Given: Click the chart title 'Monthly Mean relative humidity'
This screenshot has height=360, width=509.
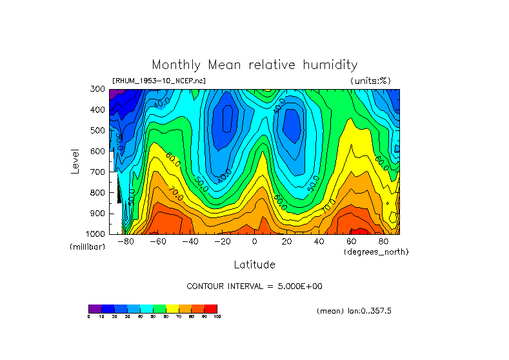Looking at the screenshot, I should [254, 65].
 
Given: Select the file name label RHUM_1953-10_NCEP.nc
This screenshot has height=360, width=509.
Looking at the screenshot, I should [159, 81].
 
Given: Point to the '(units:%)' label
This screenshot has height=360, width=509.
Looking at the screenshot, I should [370, 81].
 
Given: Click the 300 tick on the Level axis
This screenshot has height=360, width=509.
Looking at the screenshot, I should [99, 89].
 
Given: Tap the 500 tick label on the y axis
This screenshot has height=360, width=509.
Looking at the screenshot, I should [99, 130].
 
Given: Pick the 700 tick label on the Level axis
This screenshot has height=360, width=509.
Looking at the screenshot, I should [99, 172].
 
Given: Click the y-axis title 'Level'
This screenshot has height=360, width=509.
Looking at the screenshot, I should [75, 161].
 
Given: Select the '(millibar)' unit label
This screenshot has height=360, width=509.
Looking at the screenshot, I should [87, 247].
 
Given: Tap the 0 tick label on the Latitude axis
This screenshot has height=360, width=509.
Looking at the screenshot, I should [254, 241].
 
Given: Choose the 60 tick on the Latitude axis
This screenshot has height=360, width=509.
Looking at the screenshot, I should [351, 241].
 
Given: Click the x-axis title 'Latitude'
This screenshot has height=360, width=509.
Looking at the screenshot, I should [254, 265].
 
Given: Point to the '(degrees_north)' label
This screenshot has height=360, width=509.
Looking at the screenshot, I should [376, 252].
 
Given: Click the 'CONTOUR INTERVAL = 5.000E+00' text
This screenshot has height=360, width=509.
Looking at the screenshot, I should [254, 286].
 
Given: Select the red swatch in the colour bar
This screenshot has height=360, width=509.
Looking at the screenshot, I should [211, 308].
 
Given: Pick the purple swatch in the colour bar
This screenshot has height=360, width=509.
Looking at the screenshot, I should [95, 308].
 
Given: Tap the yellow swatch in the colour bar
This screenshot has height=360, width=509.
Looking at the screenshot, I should [172, 308].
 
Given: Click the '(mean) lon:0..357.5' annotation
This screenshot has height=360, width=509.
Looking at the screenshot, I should [354, 311].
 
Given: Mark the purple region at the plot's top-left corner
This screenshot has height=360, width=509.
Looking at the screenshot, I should [114, 93].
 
